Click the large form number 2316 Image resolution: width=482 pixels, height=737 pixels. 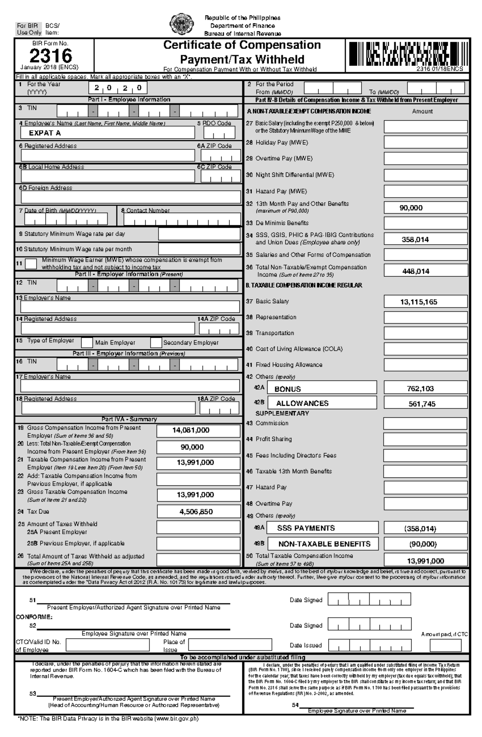click(51, 55)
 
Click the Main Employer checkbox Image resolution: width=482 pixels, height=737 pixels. click(87, 343)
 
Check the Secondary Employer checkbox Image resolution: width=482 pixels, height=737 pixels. click(156, 343)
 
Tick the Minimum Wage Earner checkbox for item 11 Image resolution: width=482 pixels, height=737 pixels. click(31, 263)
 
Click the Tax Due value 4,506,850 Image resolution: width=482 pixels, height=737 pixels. click(196, 511)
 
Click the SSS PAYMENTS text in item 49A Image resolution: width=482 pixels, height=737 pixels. click(306, 528)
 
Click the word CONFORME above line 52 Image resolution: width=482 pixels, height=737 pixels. click(34, 617)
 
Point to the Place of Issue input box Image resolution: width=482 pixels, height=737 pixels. click(230, 645)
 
